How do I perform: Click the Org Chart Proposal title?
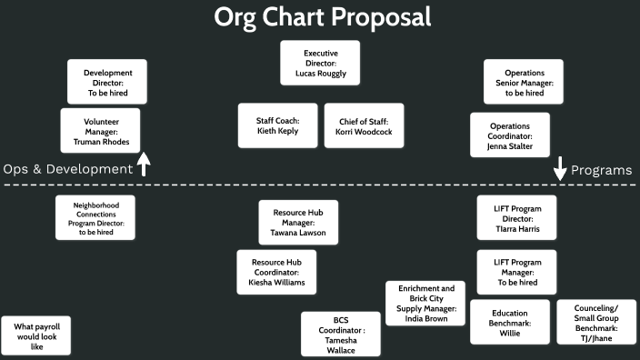pos(322,17)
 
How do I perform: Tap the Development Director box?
pos(108,82)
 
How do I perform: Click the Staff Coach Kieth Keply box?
pos(276,125)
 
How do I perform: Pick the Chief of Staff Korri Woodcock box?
pos(364,125)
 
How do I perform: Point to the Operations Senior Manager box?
pos(523,82)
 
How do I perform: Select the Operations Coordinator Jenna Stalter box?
pos(510,135)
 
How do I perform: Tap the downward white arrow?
pos(560,168)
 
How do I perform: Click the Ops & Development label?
pos(68,169)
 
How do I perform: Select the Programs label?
pos(602,170)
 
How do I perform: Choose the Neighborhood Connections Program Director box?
pos(95,217)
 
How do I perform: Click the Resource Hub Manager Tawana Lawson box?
pos(298,223)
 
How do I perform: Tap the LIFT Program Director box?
pos(516,217)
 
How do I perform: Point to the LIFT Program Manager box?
pos(516,272)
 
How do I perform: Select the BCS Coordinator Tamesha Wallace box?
pos(341,335)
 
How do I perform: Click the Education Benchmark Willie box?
pos(510,322)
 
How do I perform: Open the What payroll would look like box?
pos(36,335)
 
